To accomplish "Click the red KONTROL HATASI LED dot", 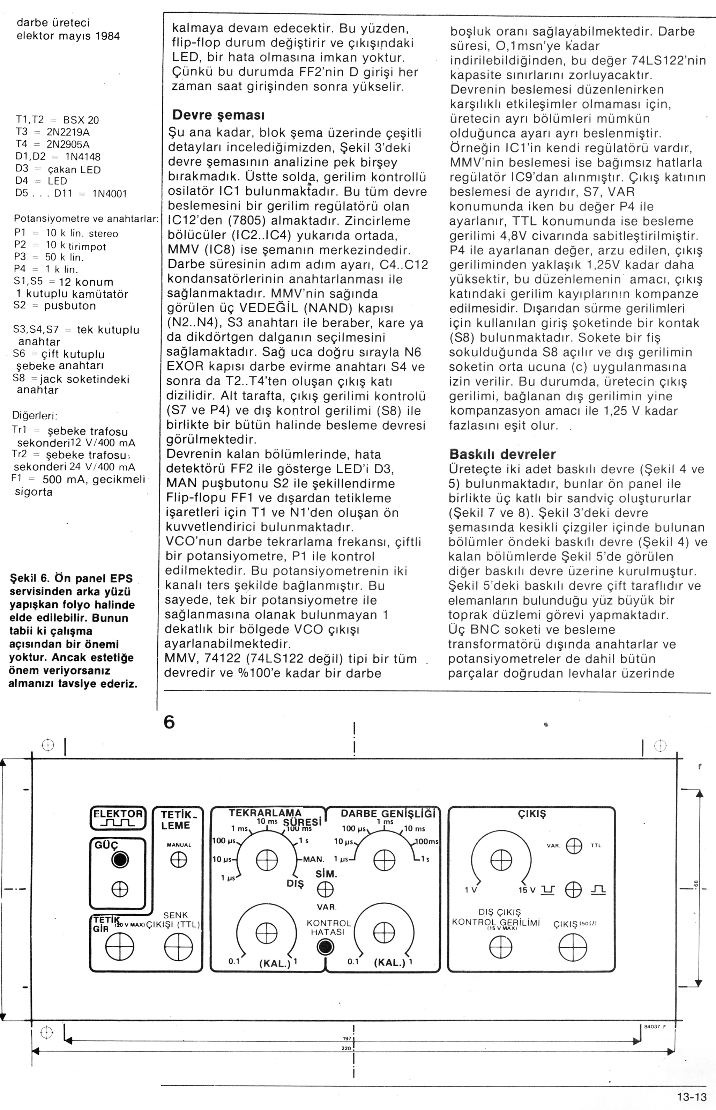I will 325,946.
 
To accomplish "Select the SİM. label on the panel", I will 326,874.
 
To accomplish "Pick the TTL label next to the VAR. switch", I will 596,845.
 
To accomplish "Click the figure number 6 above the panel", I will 169,721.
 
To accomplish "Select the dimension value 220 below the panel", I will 346,1049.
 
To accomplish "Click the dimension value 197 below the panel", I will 346,1038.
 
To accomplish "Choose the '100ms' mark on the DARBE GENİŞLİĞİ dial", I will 427,841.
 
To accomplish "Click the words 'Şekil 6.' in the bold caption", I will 29,578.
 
